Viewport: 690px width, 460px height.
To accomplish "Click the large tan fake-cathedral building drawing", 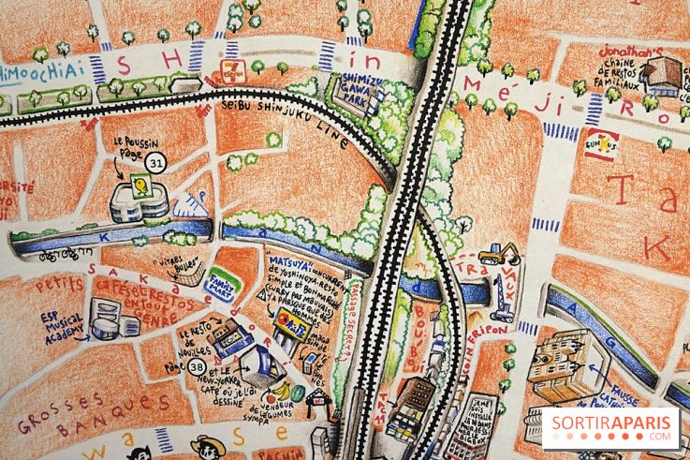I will point(561,364).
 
